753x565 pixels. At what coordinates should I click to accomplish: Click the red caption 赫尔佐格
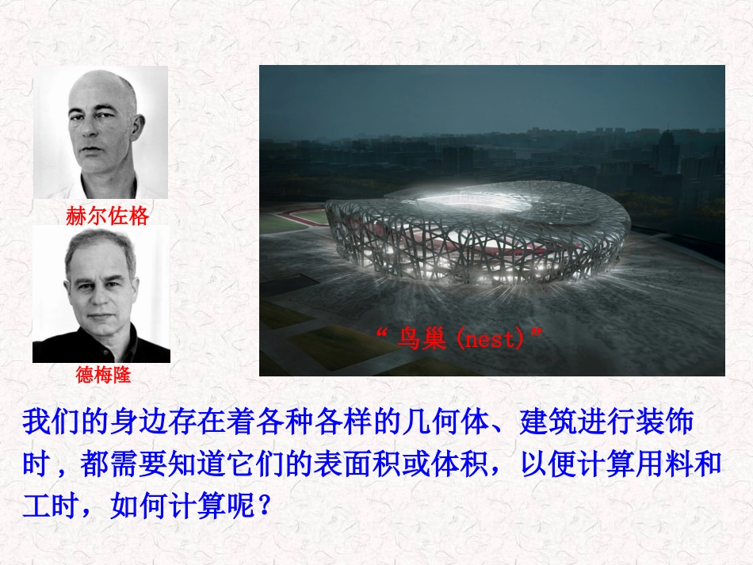click(x=108, y=216)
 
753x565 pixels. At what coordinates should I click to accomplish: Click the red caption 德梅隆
click(x=103, y=375)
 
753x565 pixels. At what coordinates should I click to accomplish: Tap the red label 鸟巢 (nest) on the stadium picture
click(x=460, y=339)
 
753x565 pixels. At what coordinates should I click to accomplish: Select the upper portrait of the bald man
click(x=101, y=132)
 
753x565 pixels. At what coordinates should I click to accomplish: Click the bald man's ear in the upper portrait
click(x=140, y=128)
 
